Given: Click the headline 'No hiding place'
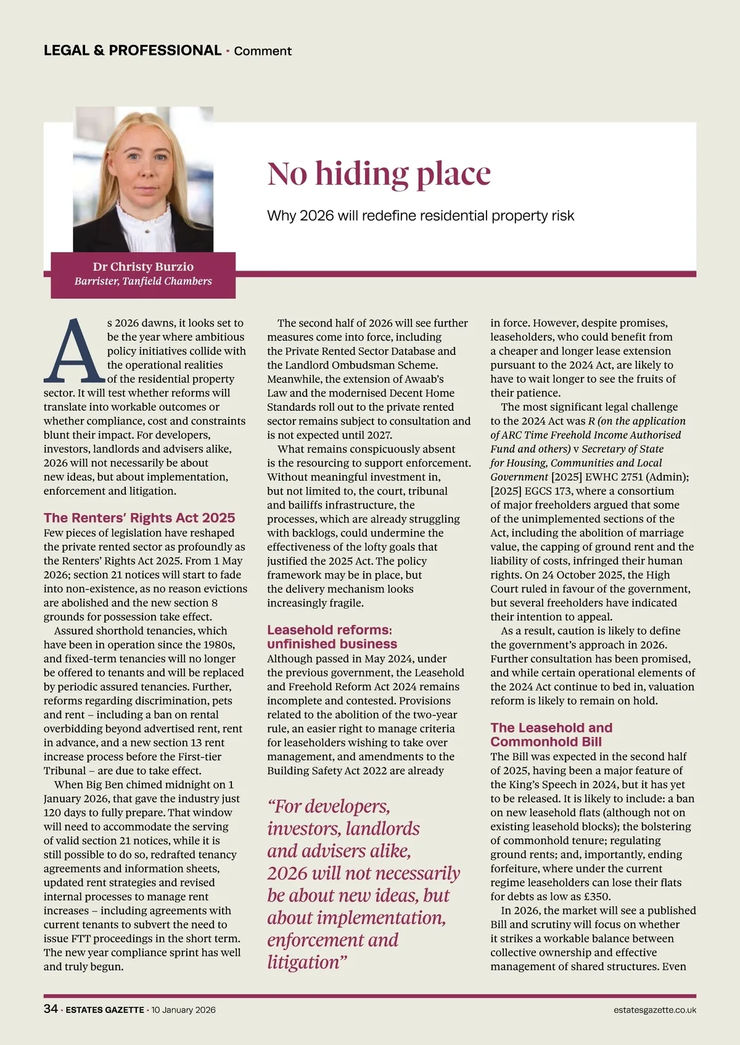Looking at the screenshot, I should point(379,174).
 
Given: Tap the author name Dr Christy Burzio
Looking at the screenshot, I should point(143,267).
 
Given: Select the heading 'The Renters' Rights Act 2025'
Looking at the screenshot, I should point(139,518).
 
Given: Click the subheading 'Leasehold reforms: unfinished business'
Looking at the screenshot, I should point(332,636).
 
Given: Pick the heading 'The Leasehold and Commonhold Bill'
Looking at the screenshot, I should point(551,734).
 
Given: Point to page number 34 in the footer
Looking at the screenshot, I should point(51,1009).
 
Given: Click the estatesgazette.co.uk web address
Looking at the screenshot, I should point(655,1010).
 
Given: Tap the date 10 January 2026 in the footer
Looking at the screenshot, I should point(184,1010).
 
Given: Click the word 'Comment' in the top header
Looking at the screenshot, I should point(263,51).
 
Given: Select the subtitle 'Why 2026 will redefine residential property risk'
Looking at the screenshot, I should point(421,216).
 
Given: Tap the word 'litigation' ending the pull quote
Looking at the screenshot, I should point(303,962).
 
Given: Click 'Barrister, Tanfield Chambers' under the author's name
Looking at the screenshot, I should point(143,282).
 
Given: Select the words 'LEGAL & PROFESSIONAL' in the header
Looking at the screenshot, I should point(133,51).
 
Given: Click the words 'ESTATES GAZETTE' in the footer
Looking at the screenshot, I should point(105,1010).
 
